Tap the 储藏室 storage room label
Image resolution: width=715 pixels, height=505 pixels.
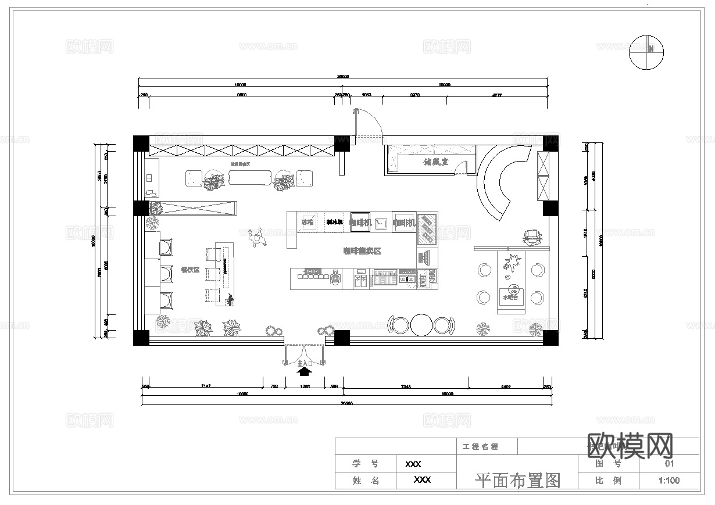point(435,162)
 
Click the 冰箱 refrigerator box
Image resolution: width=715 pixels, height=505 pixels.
point(307,222)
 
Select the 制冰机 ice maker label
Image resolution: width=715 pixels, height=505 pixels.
point(334,222)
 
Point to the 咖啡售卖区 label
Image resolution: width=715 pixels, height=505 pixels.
point(361,251)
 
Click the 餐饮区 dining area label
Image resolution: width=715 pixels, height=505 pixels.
point(190,270)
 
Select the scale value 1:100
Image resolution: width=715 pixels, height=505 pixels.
point(669,481)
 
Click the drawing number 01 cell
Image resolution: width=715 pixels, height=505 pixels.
point(669,463)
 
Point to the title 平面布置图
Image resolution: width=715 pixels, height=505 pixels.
point(517,481)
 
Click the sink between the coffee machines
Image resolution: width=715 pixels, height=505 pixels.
point(381,222)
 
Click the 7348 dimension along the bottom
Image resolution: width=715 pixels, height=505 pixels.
point(406,386)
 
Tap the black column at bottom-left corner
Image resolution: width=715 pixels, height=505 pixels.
point(141,338)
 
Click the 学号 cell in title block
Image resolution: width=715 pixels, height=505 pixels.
point(366,464)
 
